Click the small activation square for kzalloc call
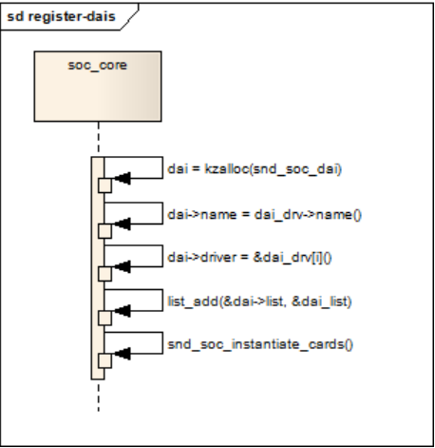pyautogui.click(x=104, y=185)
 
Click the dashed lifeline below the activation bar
pyautogui.click(x=98, y=395)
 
